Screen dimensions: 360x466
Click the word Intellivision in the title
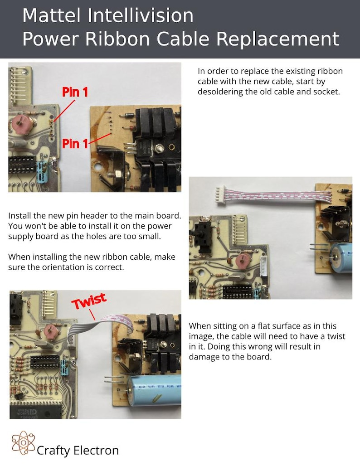(x=140, y=15)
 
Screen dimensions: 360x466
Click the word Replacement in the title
(x=277, y=39)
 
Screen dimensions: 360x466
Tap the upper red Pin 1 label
(x=75, y=92)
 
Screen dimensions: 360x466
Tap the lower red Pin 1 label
(x=75, y=144)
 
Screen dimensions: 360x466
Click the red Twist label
(x=89, y=301)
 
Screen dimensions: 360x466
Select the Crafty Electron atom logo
(x=23, y=443)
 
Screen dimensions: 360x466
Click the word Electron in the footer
(x=96, y=451)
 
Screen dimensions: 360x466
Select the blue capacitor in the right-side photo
(x=341, y=258)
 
